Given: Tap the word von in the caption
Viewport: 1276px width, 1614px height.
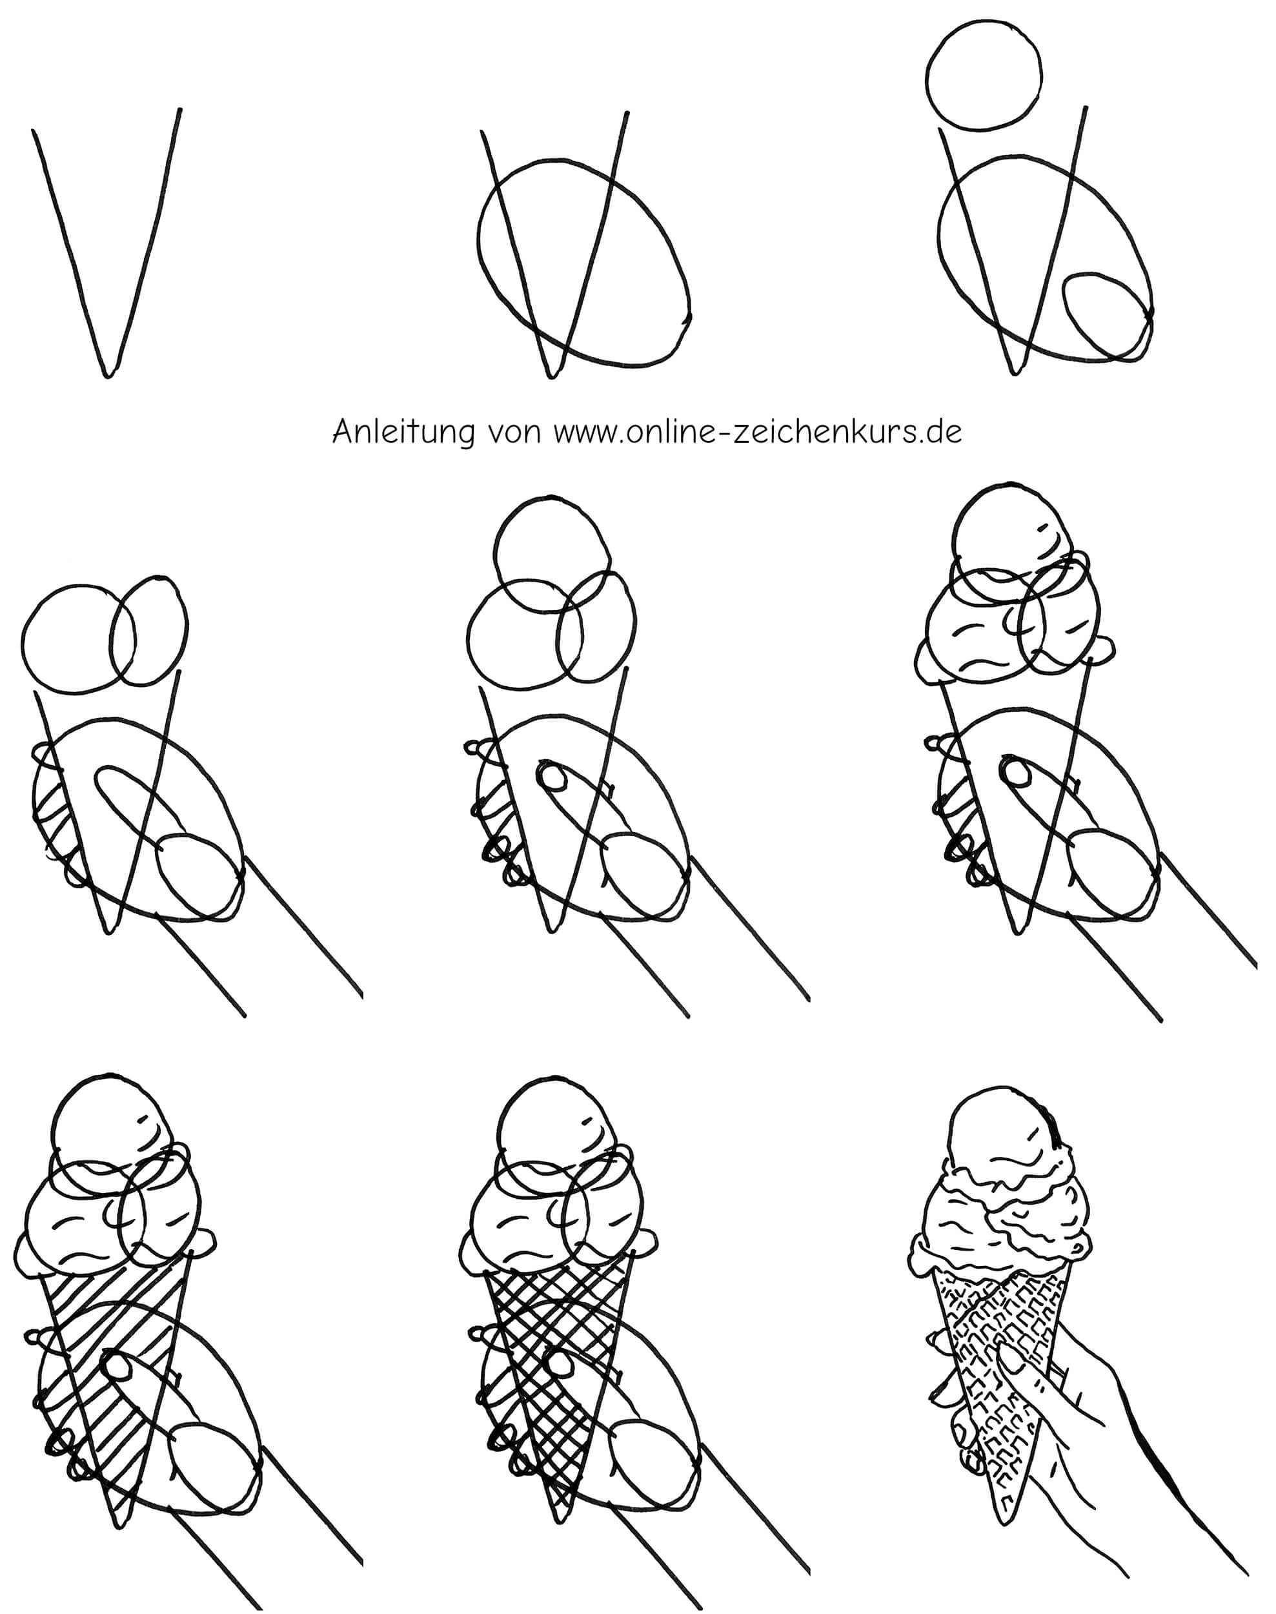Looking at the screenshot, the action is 513,434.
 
